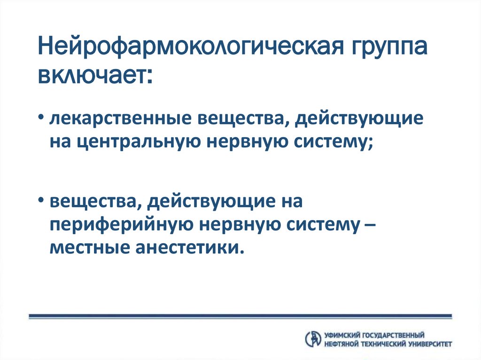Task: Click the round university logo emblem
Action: tap(312, 339)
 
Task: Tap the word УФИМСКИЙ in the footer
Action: tap(341, 335)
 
